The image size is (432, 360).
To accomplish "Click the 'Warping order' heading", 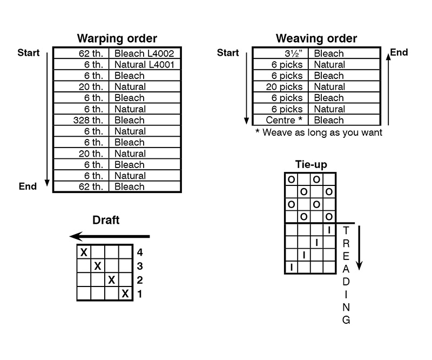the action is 117,38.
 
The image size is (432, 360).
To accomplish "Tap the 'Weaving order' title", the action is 316,38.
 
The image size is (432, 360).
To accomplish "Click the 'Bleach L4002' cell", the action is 144,53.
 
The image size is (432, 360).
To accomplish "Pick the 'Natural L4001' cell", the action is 144,64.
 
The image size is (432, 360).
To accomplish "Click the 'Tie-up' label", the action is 311,164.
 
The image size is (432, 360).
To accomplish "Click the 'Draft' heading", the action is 106,220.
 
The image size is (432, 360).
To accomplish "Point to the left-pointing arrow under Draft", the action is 110,236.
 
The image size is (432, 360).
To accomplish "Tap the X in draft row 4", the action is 84,252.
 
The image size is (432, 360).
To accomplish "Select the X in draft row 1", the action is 125,294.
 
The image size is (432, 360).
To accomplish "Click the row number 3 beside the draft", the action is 140,266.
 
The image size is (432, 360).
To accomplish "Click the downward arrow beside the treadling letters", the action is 359,248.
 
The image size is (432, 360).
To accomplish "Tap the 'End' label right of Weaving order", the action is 399,52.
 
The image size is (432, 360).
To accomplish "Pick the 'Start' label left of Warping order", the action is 29,52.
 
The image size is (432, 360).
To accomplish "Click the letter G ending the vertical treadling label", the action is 346,320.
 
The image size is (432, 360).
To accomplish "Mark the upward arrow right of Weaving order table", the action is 388,90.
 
